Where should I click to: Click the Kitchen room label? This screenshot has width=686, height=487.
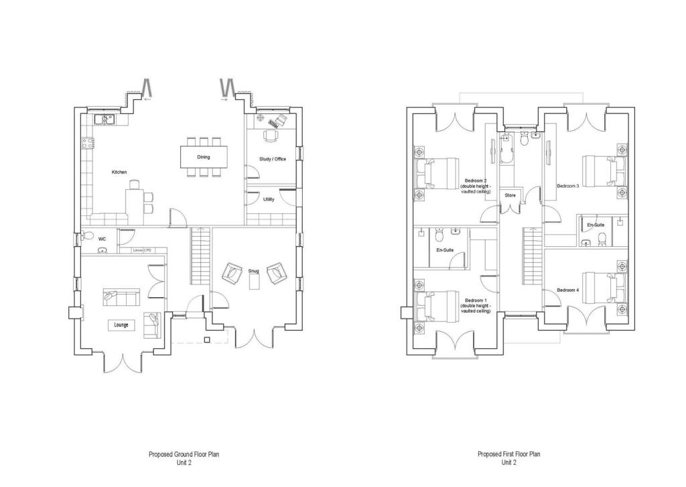[119, 172]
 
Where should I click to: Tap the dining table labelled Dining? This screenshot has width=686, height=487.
[203, 157]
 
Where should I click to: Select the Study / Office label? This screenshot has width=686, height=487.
[273, 159]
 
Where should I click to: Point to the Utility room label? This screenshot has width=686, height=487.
[269, 199]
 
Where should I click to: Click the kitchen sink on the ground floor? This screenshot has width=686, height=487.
[106, 119]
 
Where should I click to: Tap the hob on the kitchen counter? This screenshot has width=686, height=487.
[87, 142]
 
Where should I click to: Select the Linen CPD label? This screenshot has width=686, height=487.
[142, 250]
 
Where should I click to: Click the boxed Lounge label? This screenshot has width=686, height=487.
[121, 325]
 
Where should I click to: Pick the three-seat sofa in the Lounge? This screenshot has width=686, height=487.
[121, 295]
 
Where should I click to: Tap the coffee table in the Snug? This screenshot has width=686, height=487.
[254, 282]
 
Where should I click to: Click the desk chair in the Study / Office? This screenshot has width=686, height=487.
[269, 135]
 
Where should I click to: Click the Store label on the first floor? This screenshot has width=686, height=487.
[510, 195]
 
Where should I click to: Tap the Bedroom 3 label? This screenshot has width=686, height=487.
[567, 186]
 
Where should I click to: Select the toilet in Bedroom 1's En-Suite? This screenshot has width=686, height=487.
[439, 237]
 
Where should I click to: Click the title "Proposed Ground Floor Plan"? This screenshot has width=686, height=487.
[184, 454]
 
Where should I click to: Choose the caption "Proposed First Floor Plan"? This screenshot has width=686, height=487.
[508, 454]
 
